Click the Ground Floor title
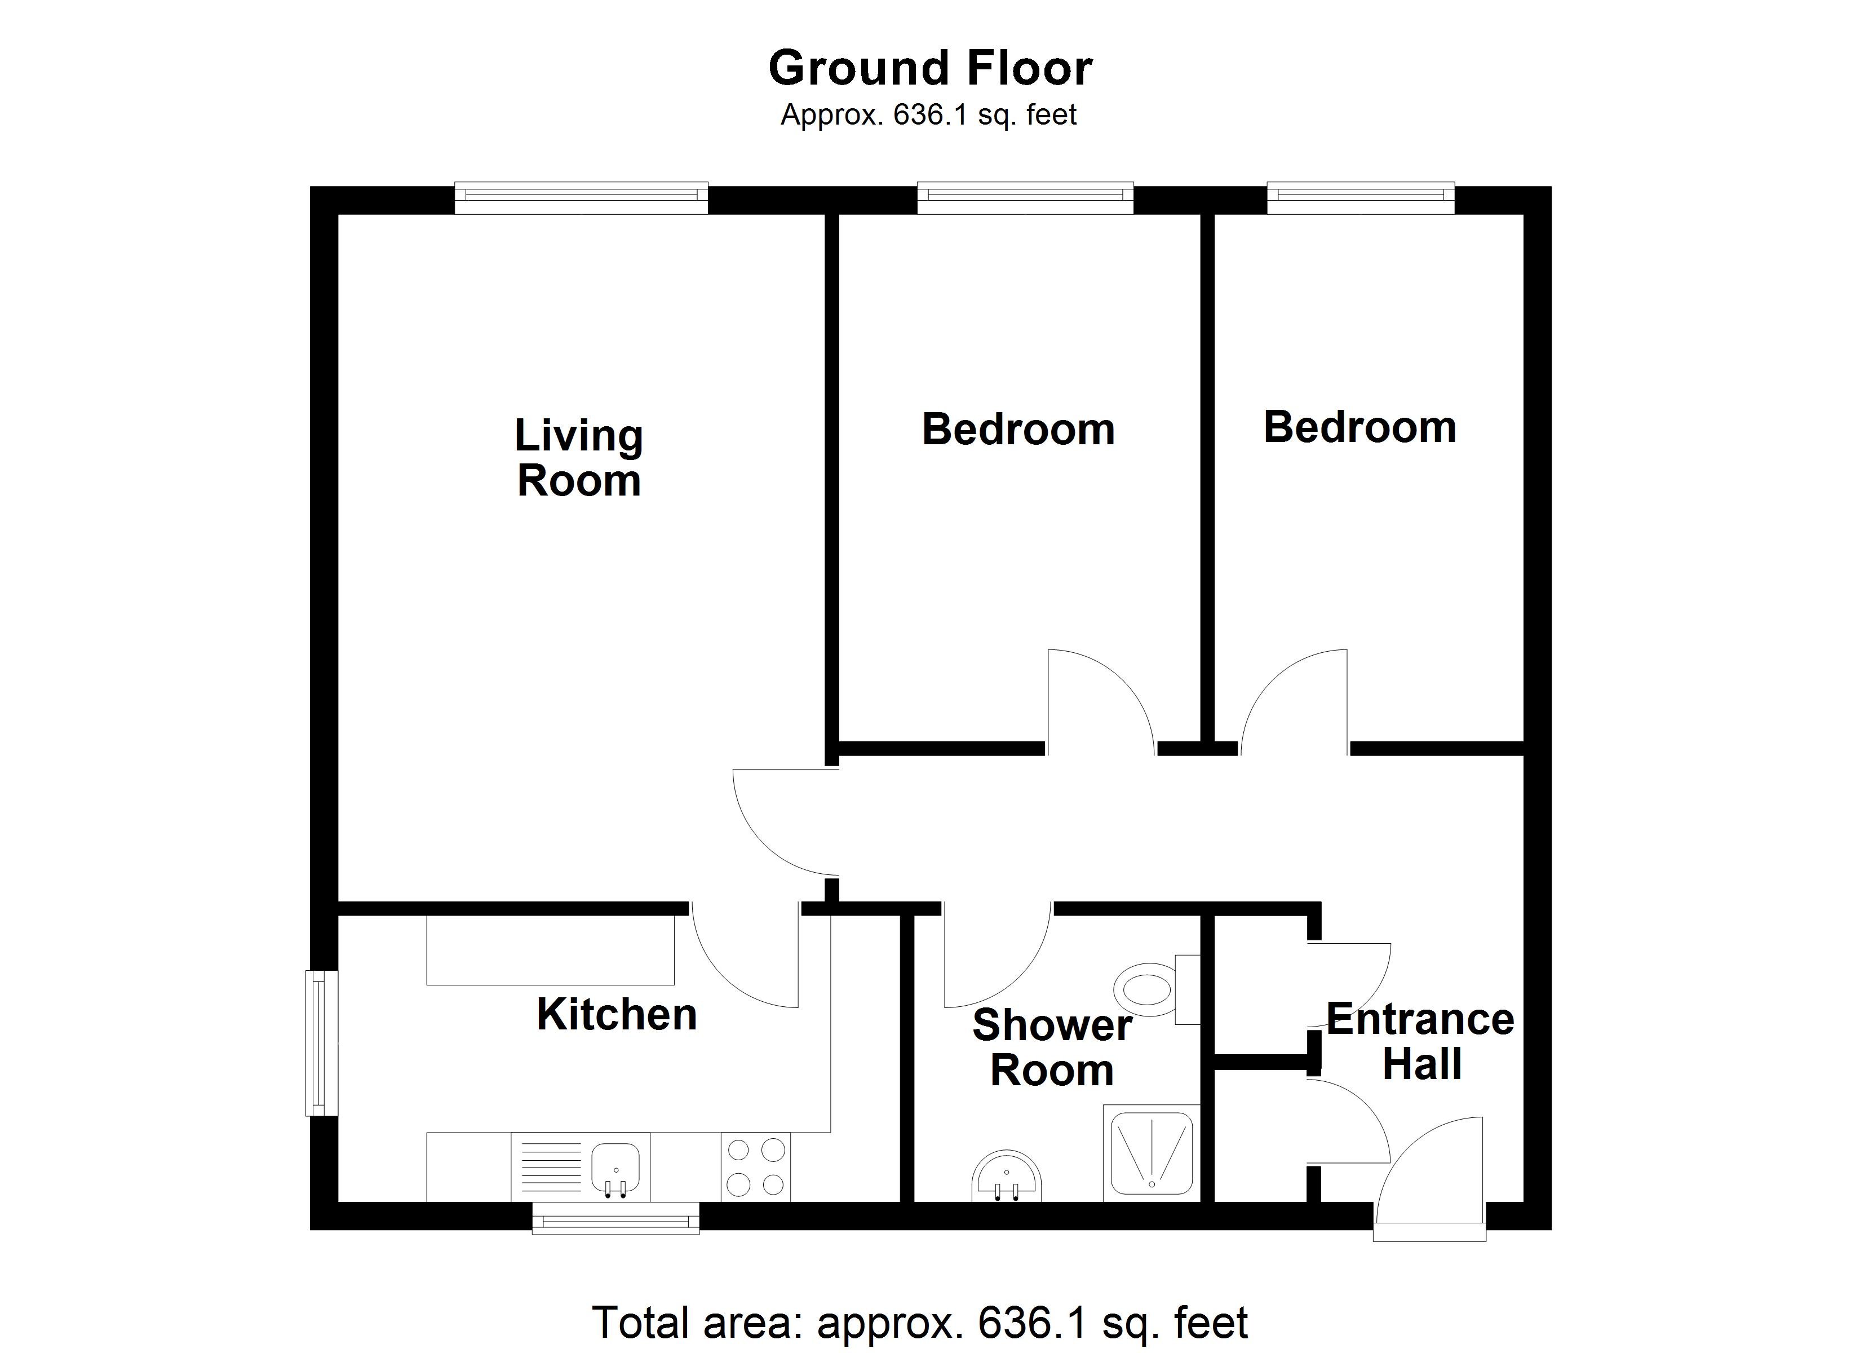929,68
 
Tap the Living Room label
579,458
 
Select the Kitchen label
617,1015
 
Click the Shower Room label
1052,1048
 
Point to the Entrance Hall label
1420,1041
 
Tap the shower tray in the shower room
1152,1153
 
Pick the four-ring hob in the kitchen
755,1167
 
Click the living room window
581,197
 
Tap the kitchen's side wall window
321,1043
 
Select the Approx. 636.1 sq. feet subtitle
928,115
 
